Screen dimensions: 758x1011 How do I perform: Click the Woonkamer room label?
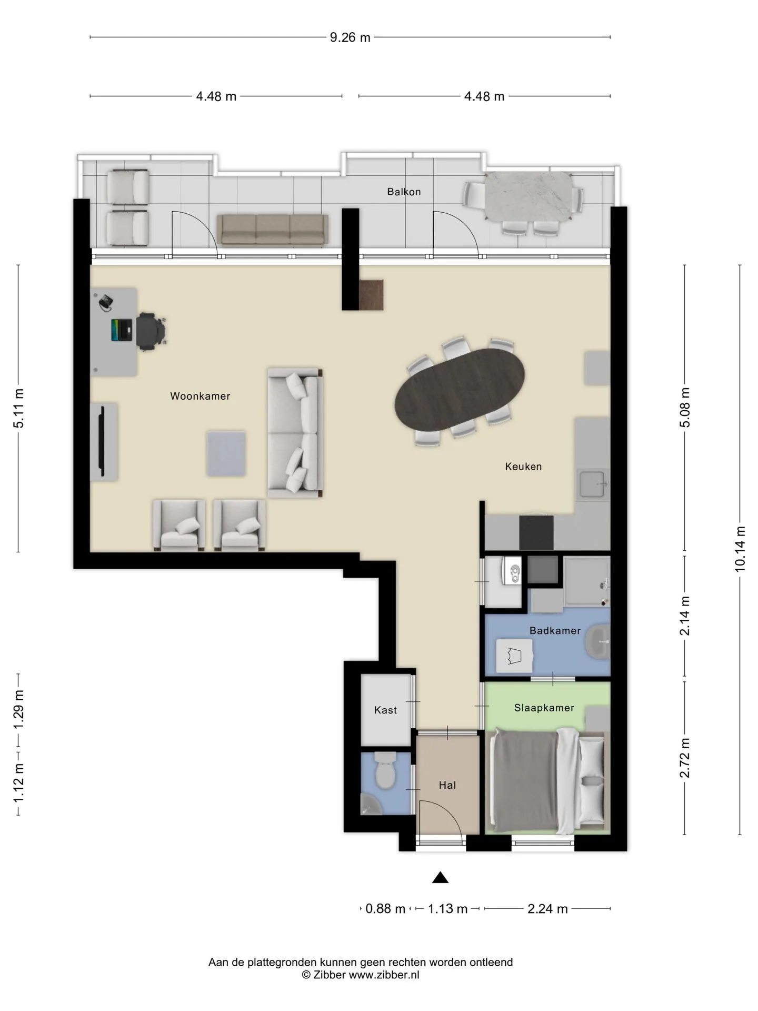click(x=200, y=396)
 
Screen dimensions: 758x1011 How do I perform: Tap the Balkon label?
click(x=404, y=192)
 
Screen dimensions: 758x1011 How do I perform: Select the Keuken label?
click(x=523, y=467)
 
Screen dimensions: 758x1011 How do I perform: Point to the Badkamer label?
click(x=555, y=630)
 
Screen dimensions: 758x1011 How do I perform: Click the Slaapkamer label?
click(x=544, y=708)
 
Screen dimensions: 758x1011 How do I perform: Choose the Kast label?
click(x=385, y=710)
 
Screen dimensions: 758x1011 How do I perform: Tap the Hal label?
click(x=447, y=785)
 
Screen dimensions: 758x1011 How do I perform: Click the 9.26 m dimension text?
click(x=350, y=37)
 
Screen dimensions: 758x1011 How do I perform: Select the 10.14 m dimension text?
click(x=740, y=549)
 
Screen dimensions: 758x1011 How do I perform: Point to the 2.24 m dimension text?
click(x=547, y=909)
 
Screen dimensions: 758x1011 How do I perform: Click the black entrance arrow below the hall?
click(x=440, y=877)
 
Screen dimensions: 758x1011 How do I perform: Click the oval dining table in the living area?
click(x=460, y=390)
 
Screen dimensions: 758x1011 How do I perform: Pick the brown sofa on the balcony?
click(x=273, y=230)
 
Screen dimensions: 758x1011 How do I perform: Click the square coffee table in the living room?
click(x=226, y=454)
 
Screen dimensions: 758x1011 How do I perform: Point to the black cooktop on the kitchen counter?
click(x=536, y=532)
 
